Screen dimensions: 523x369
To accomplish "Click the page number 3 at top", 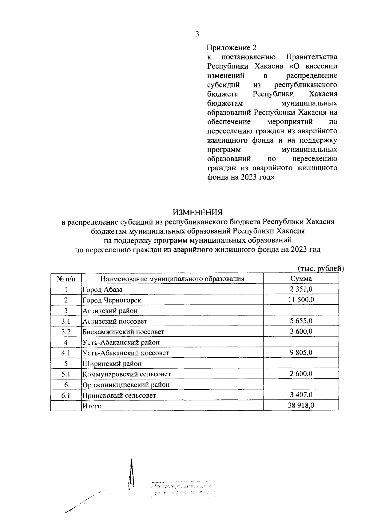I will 197,34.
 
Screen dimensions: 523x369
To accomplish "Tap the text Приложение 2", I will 231,48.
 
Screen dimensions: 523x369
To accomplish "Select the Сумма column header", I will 301,279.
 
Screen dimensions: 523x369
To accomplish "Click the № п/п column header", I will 66,279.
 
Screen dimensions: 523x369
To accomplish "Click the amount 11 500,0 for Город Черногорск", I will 301,300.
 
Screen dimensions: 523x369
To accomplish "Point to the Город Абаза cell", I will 102,290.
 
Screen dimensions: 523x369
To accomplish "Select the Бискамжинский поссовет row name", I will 123,332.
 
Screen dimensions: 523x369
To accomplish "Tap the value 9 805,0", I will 301,352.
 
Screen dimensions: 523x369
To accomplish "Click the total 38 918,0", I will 301,405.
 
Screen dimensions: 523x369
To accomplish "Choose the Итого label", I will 92,406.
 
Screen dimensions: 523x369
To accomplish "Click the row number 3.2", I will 66,332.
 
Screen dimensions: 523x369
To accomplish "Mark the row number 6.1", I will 66,395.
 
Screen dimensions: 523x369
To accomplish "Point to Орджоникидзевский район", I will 126,385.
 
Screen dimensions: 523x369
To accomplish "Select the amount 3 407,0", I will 301,395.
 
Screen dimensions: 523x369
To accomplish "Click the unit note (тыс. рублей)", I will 320,269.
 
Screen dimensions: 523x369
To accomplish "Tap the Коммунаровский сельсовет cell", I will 126,374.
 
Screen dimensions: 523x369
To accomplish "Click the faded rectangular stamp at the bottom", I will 183,490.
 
